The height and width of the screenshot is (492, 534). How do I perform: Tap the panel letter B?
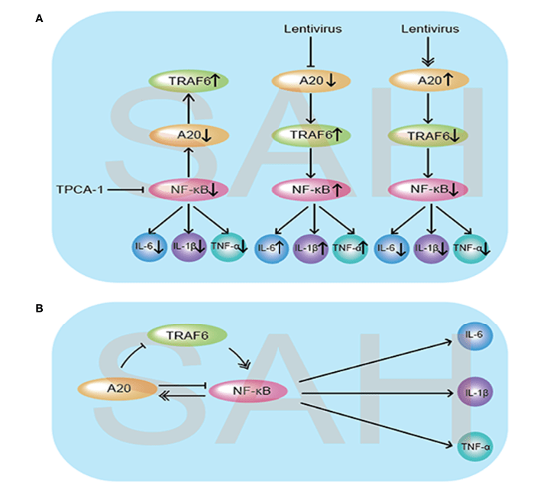click(39, 309)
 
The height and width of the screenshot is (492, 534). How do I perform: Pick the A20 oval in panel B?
click(117, 389)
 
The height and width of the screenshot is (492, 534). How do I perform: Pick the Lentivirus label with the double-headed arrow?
click(429, 29)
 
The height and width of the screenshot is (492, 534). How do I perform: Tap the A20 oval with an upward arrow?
click(429, 79)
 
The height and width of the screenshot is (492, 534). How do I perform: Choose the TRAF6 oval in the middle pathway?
click(309, 134)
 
